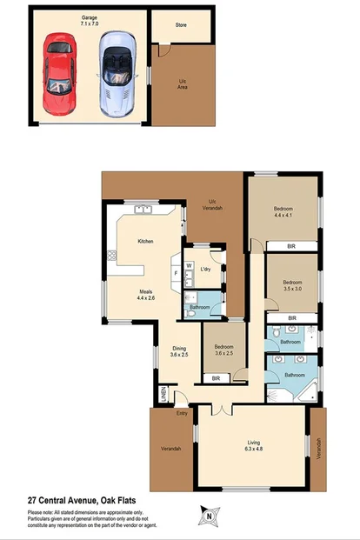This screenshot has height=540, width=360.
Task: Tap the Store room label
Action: [x=181, y=26]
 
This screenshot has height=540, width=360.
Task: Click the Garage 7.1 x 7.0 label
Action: [x=89, y=20]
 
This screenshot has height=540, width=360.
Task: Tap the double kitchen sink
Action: [x=144, y=209]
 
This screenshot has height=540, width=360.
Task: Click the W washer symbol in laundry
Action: [x=189, y=265]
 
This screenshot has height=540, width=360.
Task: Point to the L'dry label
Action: [x=206, y=271]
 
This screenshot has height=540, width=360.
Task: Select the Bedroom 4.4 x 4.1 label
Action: [x=283, y=212]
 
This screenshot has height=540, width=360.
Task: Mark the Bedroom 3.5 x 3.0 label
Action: [x=292, y=285]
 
